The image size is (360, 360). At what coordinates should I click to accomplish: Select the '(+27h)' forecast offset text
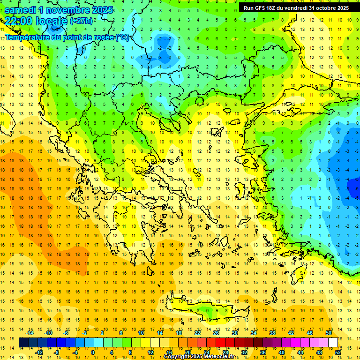81,21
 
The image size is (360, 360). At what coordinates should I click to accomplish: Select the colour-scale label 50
328,333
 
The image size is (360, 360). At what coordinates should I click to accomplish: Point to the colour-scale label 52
337,352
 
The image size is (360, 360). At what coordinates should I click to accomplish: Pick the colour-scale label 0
93,352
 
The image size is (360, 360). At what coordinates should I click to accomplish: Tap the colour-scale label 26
216,333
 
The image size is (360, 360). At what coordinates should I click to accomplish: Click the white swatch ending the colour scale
333,342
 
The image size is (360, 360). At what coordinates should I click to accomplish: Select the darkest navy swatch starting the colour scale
23,342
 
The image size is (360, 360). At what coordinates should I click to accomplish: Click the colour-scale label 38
272,333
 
